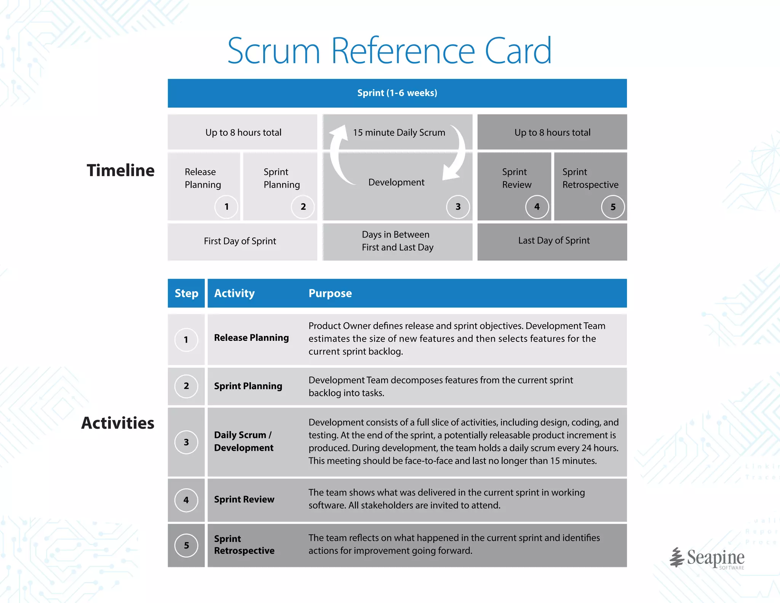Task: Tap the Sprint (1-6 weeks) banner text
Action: click(x=397, y=93)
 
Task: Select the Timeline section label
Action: click(x=120, y=170)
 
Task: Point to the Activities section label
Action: click(x=118, y=423)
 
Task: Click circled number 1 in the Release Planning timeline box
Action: click(x=226, y=207)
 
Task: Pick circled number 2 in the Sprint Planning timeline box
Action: click(x=303, y=207)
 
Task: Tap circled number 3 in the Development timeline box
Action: click(x=458, y=207)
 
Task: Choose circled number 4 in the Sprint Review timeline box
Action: click(x=537, y=207)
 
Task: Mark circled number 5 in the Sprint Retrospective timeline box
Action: click(x=613, y=207)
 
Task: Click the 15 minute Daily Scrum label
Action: click(x=399, y=133)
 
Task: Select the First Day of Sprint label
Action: click(x=240, y=241)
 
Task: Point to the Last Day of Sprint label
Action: click(x=554, y=241)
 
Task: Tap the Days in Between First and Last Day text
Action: click(x=397, y=241)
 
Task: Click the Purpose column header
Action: click(x=330, y=293)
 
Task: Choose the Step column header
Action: click(x=186, y=293)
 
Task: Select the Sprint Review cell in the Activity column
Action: click(x=244, y=499)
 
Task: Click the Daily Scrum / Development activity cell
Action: click(x=244, y=441)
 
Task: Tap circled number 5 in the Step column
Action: click(x=186, y=545)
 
